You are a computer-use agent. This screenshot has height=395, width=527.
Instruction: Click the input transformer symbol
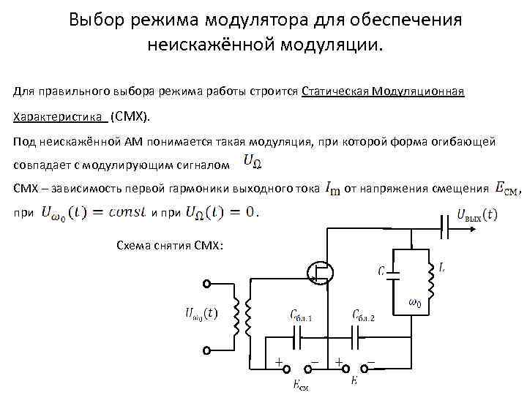pyautogui.click(x=242, y=317)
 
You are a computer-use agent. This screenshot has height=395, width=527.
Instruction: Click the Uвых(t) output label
pyautogui.click(x=476, y=215)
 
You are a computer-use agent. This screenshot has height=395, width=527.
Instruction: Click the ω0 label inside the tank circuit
pyautogui.click(x=414, y=303)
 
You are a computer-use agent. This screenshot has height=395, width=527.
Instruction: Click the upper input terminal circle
pyautogui.click(x=207, y=284)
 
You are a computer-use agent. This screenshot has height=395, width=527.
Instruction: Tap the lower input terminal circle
pyautogui.click(x=207, y=350)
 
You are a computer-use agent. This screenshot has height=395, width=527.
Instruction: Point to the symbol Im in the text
pyautogui.click(x=332, y=189)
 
